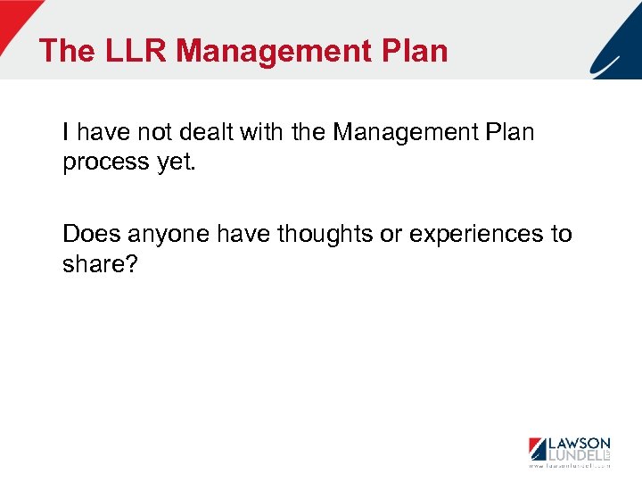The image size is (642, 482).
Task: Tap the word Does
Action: [92, 235]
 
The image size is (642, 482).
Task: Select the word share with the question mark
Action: [100, 264]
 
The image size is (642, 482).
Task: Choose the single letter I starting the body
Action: [67, 133]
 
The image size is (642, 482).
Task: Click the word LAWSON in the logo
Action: [579, 444]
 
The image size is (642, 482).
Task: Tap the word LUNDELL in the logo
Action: [572, 456]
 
